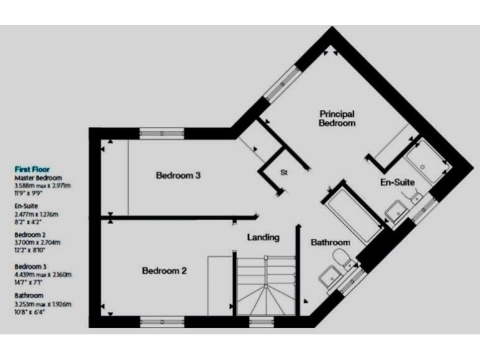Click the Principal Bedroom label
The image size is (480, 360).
tap(337, 119)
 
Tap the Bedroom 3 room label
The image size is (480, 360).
tap(178, 176)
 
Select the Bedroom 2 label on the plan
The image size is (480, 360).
tap(164, 271)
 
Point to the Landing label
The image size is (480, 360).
tap(263, 237)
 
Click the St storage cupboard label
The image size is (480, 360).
tap(283, 172)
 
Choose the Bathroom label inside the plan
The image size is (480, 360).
tap(331, 242)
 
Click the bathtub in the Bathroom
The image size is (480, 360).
tap(351, 212)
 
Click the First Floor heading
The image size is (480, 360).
tap(32, 169)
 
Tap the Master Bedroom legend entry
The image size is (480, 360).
tap(38, 177)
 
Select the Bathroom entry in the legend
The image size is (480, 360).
tap(29, 296)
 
